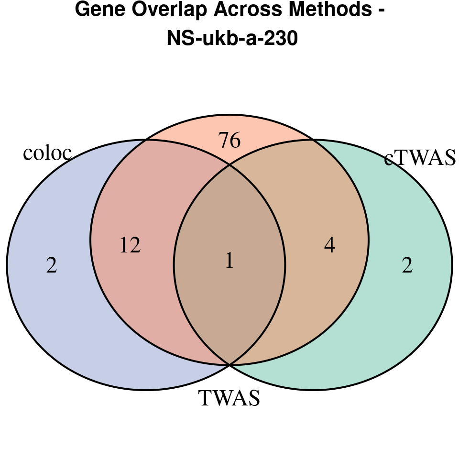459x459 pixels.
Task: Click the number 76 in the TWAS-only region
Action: (x=229, y=141)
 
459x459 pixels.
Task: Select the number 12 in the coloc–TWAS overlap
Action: (x=130, y=246)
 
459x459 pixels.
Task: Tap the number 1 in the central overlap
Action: (x=229, y=261)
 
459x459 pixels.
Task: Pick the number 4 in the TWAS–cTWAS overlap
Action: (x=329, y=246)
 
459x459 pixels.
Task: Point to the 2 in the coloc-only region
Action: (x=52, y=266)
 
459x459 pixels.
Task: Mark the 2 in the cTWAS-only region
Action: (x=407, y=266)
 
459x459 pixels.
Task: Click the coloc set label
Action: (x=47, y=153)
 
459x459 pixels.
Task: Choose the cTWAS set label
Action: (x=420, y=158)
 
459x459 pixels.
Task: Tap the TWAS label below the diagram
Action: (x=229, y=398)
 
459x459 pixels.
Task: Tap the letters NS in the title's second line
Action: (x=177, y=39)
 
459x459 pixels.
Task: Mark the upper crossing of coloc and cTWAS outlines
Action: (x=229, y=165)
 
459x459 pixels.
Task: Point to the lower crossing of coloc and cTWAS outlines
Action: (x=229, y=365)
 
